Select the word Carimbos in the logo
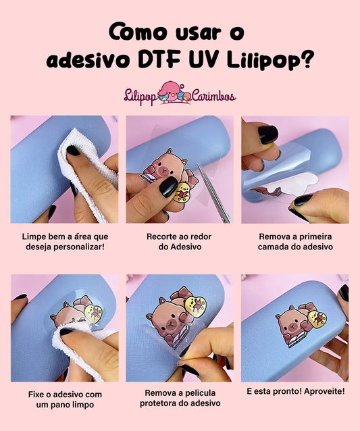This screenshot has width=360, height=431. tap(213, 96)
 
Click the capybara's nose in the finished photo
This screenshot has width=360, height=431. tap(292, 326)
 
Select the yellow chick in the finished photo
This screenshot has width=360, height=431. tap(317, 319)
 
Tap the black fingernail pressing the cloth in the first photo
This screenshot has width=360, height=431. tap(73, 151)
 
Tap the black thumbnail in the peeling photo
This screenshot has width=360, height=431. tap(303, 199)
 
